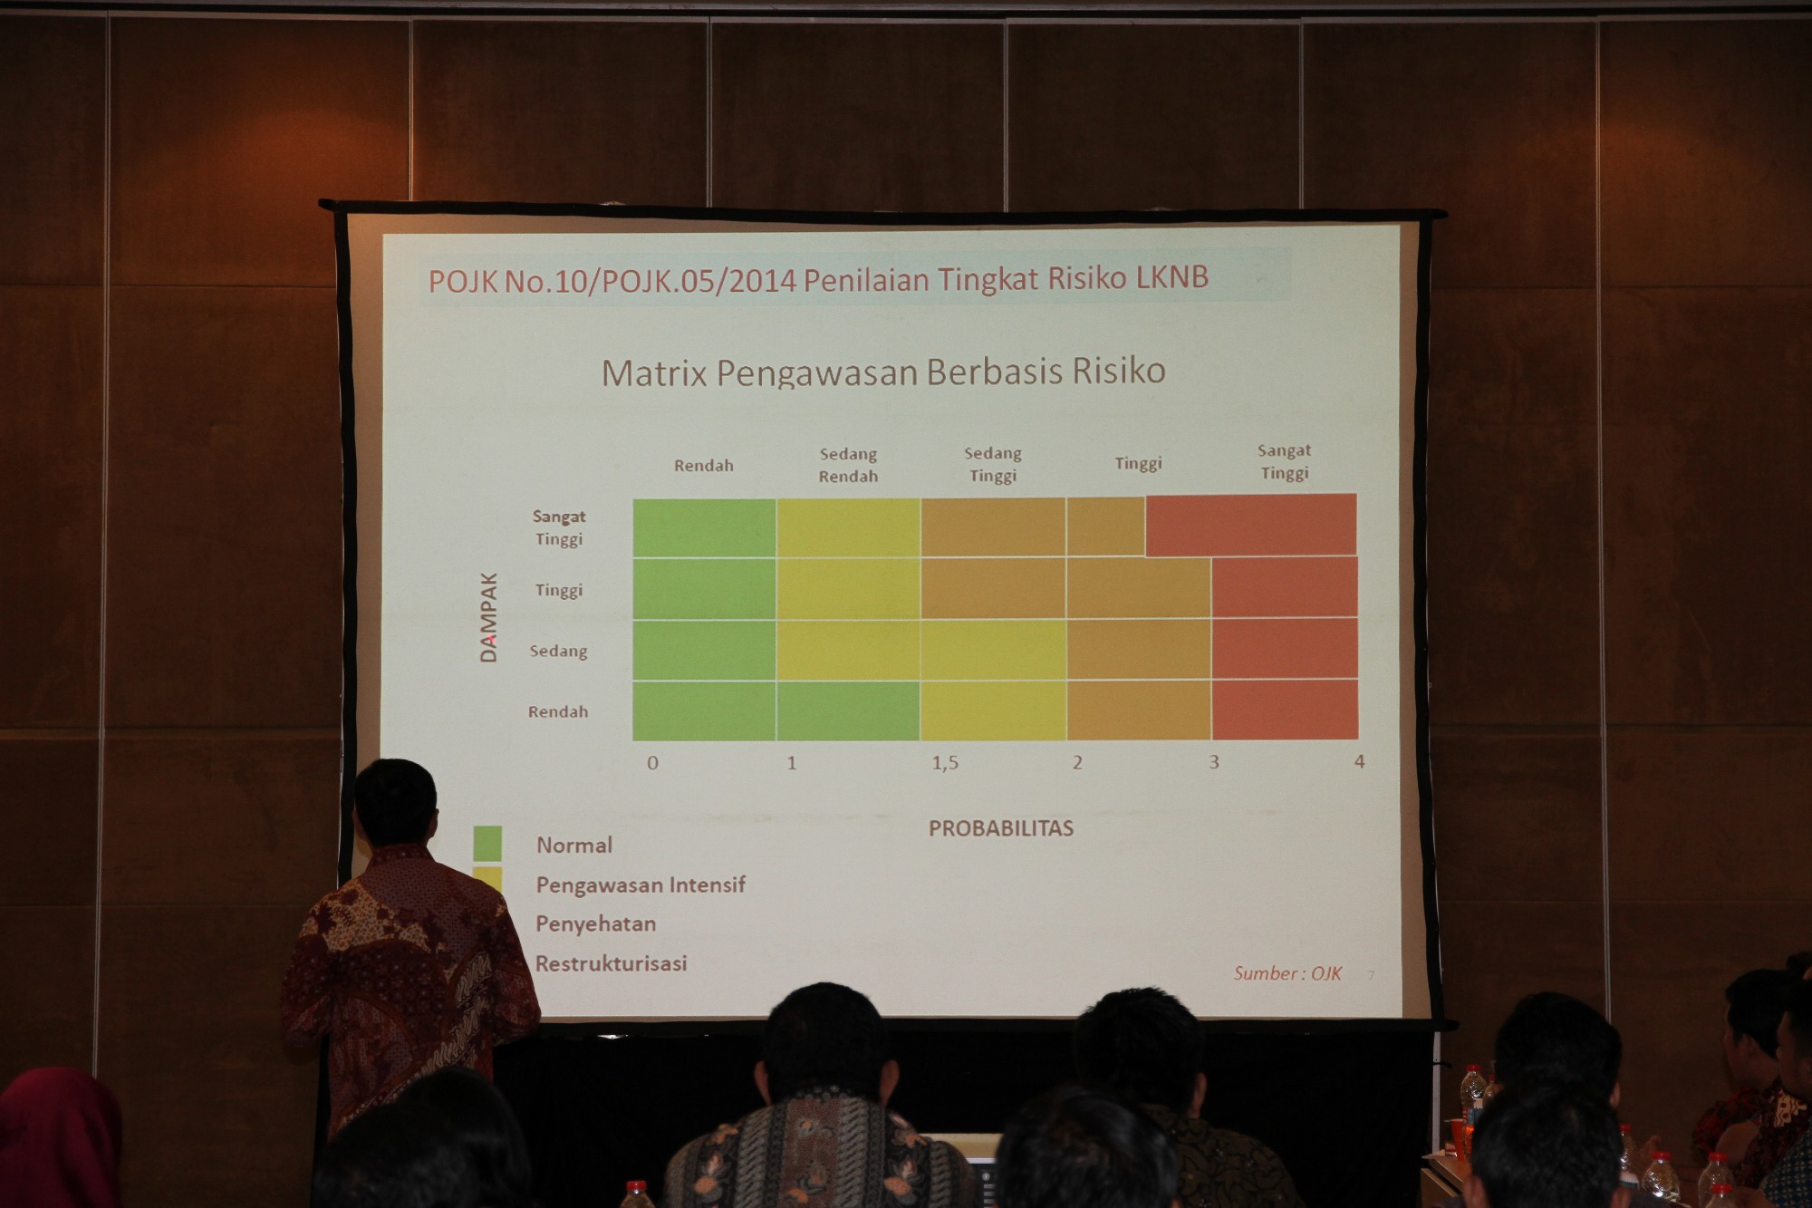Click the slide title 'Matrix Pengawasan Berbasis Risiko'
(883, 372)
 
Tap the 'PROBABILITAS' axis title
(1001, 827)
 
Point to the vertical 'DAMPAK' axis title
(488, 617)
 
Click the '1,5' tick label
(945, 763)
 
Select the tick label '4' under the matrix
(1359, 762)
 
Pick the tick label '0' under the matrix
(652, 763)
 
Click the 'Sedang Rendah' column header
(848, 465)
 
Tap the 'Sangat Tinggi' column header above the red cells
(1285, 461)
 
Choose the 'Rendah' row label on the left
(558, 711)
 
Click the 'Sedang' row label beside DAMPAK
(558, 651)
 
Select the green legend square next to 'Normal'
(487, 843)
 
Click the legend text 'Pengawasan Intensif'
(641, 884)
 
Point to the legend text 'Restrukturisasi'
(611, 963)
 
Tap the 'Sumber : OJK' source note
(1287, 973)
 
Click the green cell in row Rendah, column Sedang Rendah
(848, 710)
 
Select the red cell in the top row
(1251, 525)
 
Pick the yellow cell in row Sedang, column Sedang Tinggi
(994, 650)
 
